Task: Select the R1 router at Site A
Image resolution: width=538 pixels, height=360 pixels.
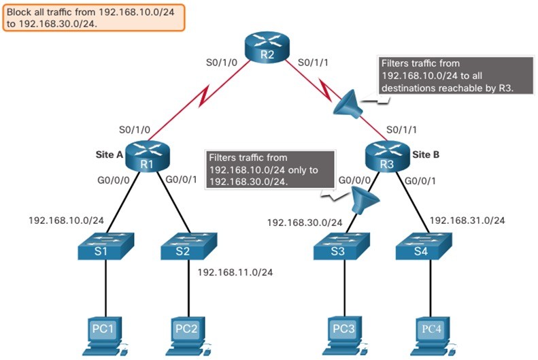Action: [x=147, y=156]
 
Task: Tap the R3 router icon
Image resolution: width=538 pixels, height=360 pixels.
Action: [x=387, y=156]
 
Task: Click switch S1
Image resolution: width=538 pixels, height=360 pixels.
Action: [x=105, y=246]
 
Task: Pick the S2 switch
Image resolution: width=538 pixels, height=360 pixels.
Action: [x=188, y=246]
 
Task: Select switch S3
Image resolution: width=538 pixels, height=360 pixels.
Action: [x=341, y=246]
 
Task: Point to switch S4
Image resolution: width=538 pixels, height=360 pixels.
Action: [x=424, y=246]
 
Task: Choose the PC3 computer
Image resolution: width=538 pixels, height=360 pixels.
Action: [x=344, y=336]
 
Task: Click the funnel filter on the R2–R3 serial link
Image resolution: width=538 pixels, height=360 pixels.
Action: [x=348, y=104]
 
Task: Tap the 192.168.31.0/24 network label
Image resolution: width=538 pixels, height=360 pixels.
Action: [x=467, y=220]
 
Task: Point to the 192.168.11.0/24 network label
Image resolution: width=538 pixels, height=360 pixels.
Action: [x=235, y=272]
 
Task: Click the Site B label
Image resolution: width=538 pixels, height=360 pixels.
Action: [x=426, y=154]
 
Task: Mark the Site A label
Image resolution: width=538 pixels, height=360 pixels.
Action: [x=109, y=154]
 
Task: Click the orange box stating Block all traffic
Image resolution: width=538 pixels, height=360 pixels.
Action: [x=94, y=18]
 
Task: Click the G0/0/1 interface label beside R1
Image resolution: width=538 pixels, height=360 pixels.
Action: [x=181, y=180]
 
